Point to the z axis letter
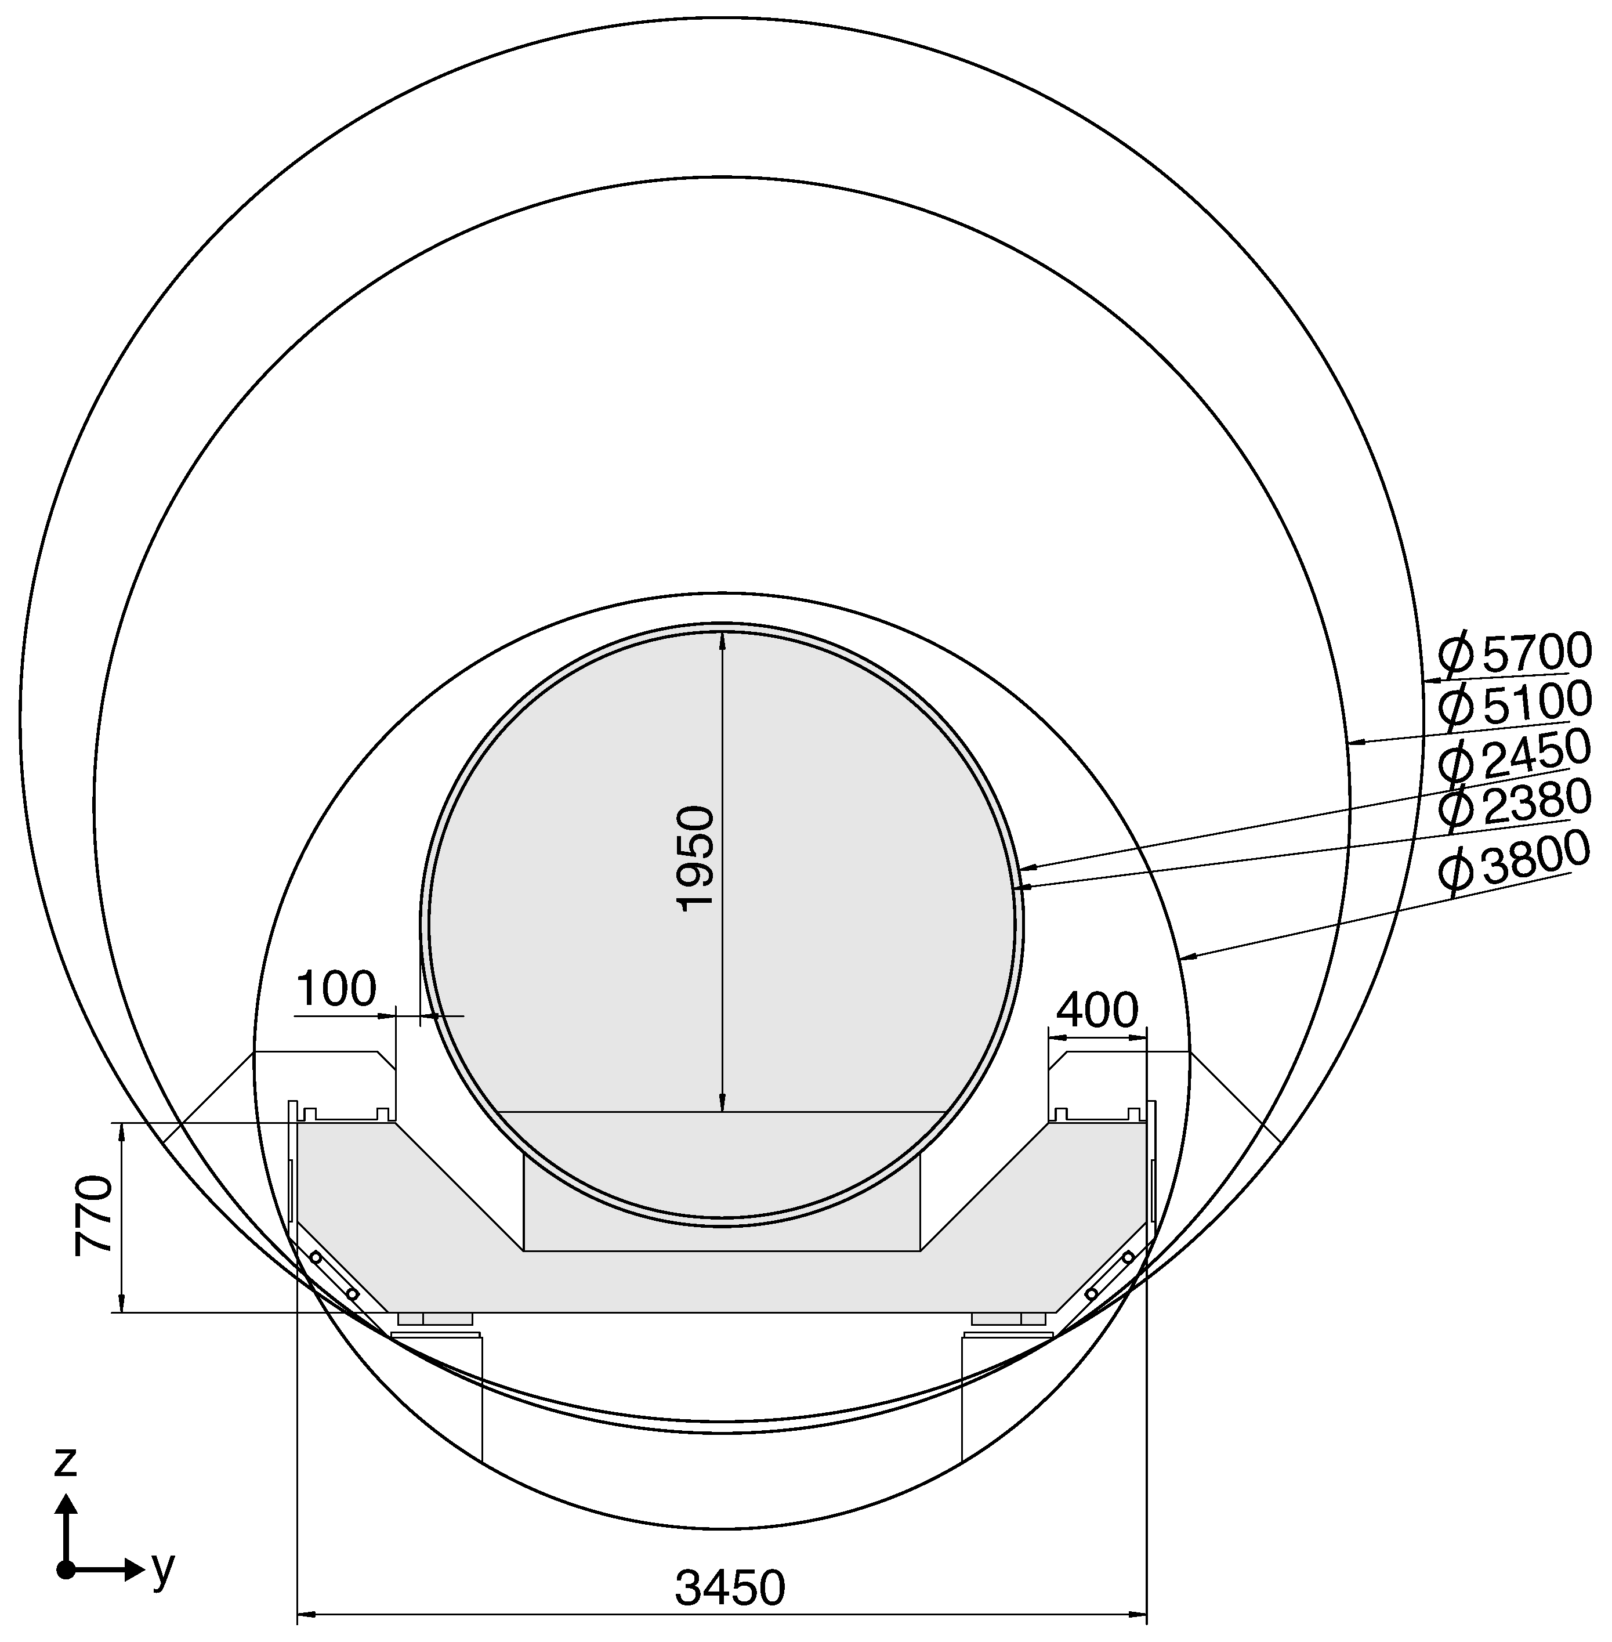point(65,1462)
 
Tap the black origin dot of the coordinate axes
point(65,1569)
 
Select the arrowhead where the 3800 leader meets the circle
point(1189,959)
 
